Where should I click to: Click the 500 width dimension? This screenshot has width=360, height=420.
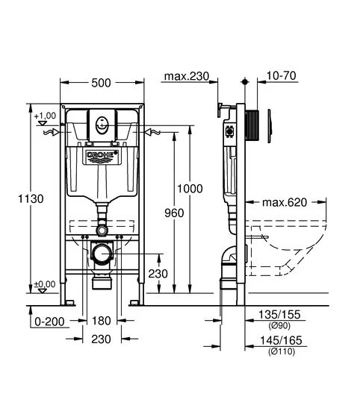pos(101,83)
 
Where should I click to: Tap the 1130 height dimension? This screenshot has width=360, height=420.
pos(31,198)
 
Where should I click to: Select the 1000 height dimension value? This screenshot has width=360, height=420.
pos(190,189)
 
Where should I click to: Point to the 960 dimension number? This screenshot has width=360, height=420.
pos(174,213)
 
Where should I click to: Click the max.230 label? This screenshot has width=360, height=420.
pos(187,76)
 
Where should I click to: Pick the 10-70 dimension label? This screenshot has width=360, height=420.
pos(282,75)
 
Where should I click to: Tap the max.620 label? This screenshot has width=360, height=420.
pos(285,202)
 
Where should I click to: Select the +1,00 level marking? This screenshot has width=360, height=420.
pos(45,116)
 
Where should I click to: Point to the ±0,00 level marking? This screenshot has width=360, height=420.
pos(45,284)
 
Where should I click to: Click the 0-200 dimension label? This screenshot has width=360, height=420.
pos(49,322)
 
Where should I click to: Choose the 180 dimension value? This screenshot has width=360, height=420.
pos(101,321)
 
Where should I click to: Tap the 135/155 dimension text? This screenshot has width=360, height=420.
pos(279,315)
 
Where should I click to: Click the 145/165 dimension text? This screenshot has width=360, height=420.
pos(281,340)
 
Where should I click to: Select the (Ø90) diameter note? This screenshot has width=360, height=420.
pos(279,325)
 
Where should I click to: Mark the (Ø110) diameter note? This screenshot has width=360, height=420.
pos(282,351)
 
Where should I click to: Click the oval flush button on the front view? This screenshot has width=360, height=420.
pos(102,125)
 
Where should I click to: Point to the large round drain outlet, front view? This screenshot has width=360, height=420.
pos(102,253)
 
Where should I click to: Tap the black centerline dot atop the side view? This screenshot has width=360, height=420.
pos(245,82)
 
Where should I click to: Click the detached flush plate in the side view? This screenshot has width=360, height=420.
pos(270,126)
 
